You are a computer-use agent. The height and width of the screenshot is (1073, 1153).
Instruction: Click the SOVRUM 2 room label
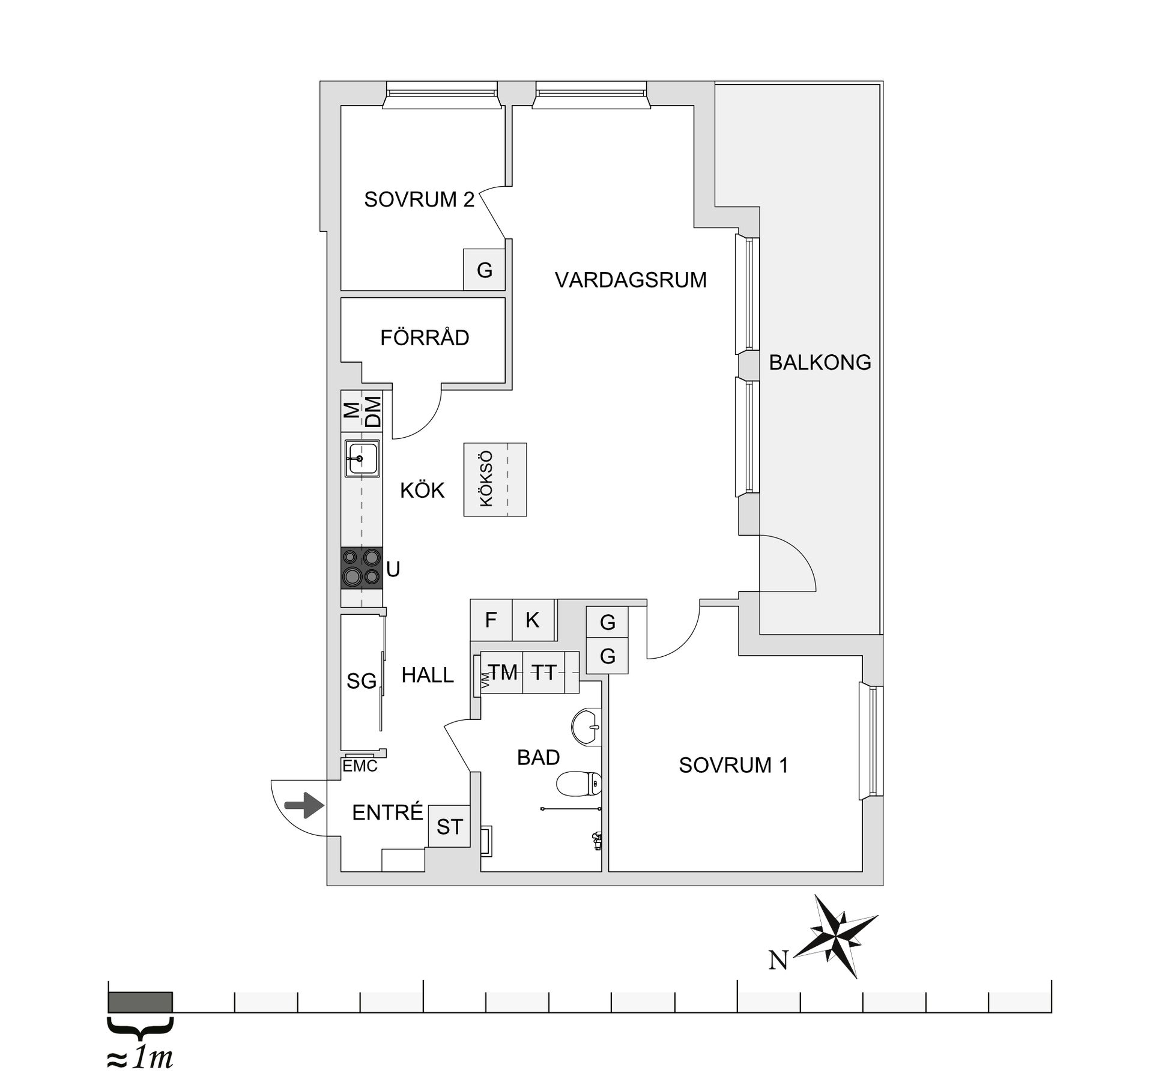tap(419, 199)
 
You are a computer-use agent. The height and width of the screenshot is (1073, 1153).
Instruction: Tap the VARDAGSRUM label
tap(631, 280)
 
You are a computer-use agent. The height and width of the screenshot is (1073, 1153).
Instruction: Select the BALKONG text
tap(820, 363)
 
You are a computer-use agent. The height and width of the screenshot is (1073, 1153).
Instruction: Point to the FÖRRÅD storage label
tap(425, 338)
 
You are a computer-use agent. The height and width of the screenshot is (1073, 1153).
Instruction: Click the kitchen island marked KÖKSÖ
tap(495, 479)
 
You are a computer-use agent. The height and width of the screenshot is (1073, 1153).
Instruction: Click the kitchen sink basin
tap(362, 459)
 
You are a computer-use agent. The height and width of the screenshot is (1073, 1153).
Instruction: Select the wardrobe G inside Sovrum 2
tap(484, 270)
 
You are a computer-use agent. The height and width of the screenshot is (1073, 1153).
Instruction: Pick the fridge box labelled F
tap(491, 620)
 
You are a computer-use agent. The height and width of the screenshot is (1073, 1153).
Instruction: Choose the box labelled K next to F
tap(533, 620)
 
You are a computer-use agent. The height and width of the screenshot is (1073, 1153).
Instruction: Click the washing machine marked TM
tap(503, 672)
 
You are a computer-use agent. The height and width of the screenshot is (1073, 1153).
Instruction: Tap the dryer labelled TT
tap(544, 672)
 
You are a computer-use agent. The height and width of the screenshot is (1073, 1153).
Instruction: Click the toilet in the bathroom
tap(579, 784)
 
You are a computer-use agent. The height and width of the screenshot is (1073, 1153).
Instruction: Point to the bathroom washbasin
tap(586, 727)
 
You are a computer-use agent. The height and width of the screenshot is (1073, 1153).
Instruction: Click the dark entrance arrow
tap(304, 805)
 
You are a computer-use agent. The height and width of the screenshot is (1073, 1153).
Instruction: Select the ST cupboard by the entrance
tap(449, 827)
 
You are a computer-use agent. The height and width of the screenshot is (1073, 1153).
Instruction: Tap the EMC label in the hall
tap(360, 766)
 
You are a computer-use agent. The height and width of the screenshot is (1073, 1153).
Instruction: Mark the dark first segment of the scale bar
tap(140, 1002)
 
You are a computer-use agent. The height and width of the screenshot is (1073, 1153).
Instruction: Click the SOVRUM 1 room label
tap(733, 765)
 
